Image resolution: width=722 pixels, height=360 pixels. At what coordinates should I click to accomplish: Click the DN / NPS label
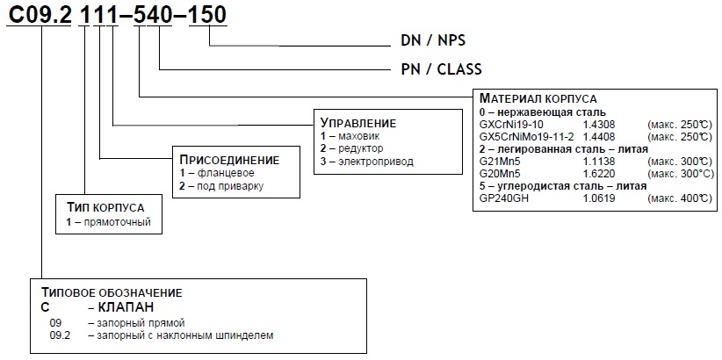(433, 40)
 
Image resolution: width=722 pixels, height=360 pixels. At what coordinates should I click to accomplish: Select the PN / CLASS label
(441, 69)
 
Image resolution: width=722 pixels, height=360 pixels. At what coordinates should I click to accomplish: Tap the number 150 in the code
(208, 15)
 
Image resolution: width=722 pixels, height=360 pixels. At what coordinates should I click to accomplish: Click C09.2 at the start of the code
(40, 15)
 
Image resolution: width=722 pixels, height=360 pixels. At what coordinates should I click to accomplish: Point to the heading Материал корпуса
(538, 98)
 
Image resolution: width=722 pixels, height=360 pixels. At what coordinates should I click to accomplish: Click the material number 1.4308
(599, 125)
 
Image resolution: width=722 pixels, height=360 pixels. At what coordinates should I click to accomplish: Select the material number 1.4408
(599, 137)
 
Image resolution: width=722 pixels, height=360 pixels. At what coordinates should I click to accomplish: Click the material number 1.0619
(599, 198)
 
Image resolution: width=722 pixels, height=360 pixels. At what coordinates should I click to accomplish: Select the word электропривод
(376, 162)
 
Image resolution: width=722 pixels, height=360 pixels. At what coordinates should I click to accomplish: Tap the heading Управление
(358, 123)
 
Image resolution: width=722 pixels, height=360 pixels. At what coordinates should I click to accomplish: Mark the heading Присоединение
(229, 160)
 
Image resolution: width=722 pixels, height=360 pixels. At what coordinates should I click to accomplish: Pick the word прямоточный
(117, 223)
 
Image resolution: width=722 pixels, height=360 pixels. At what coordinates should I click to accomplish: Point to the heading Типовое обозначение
(112, 292)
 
